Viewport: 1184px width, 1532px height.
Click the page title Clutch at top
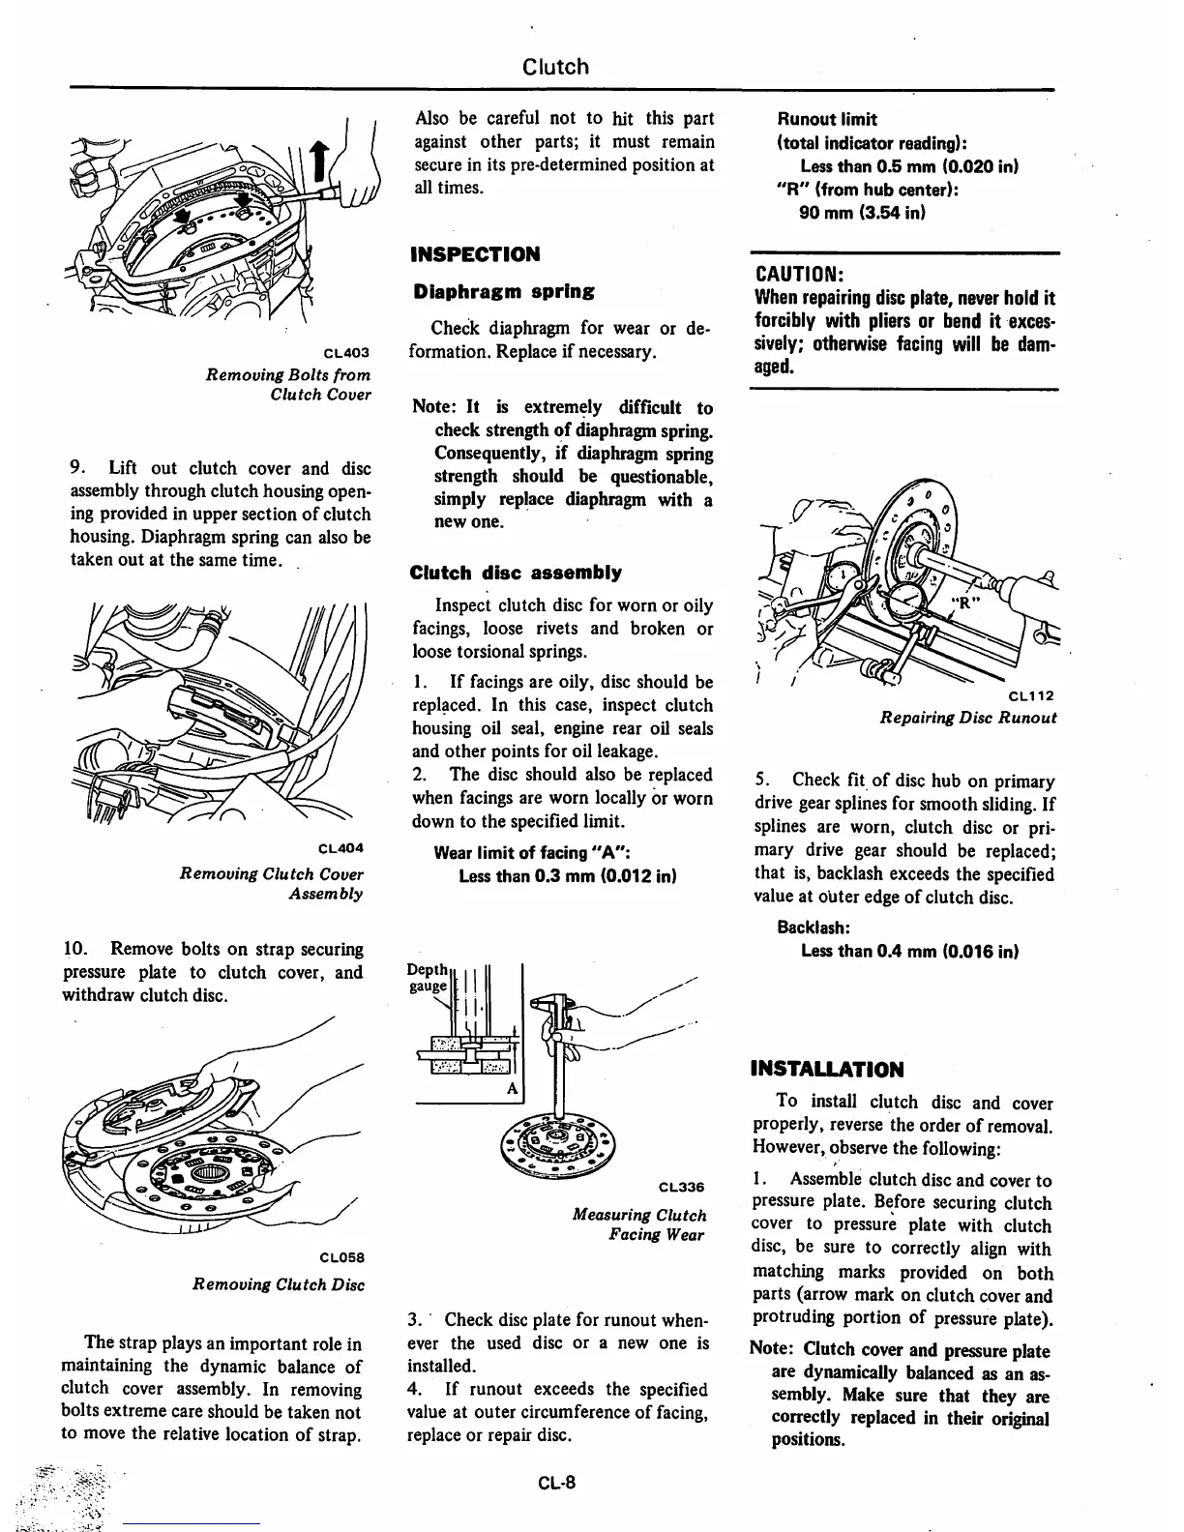click(x=555, y=67)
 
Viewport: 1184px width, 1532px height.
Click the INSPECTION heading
click(x=475, y=254)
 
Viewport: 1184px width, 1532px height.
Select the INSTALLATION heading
click(x=827, y=1069)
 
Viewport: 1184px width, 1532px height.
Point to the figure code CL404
click(x=340, y=849)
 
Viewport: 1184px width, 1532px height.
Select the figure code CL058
click(x=340, y=1258)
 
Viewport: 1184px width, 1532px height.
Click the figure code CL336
click(x=681, y=1188)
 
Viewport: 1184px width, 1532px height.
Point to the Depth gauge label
click(x=428, y=978)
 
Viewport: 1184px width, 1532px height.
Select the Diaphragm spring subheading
click(x=503, y=291)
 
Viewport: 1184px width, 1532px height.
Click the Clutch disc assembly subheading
click(x=516, y=573)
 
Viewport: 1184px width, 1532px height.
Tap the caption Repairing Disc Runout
click(x=967, y=719)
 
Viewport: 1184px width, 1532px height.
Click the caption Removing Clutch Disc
click(x=279, y=1284)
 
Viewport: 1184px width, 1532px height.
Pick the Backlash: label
click(x=813, y=927)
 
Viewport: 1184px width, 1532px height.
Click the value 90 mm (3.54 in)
click(x=862, y=213)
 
